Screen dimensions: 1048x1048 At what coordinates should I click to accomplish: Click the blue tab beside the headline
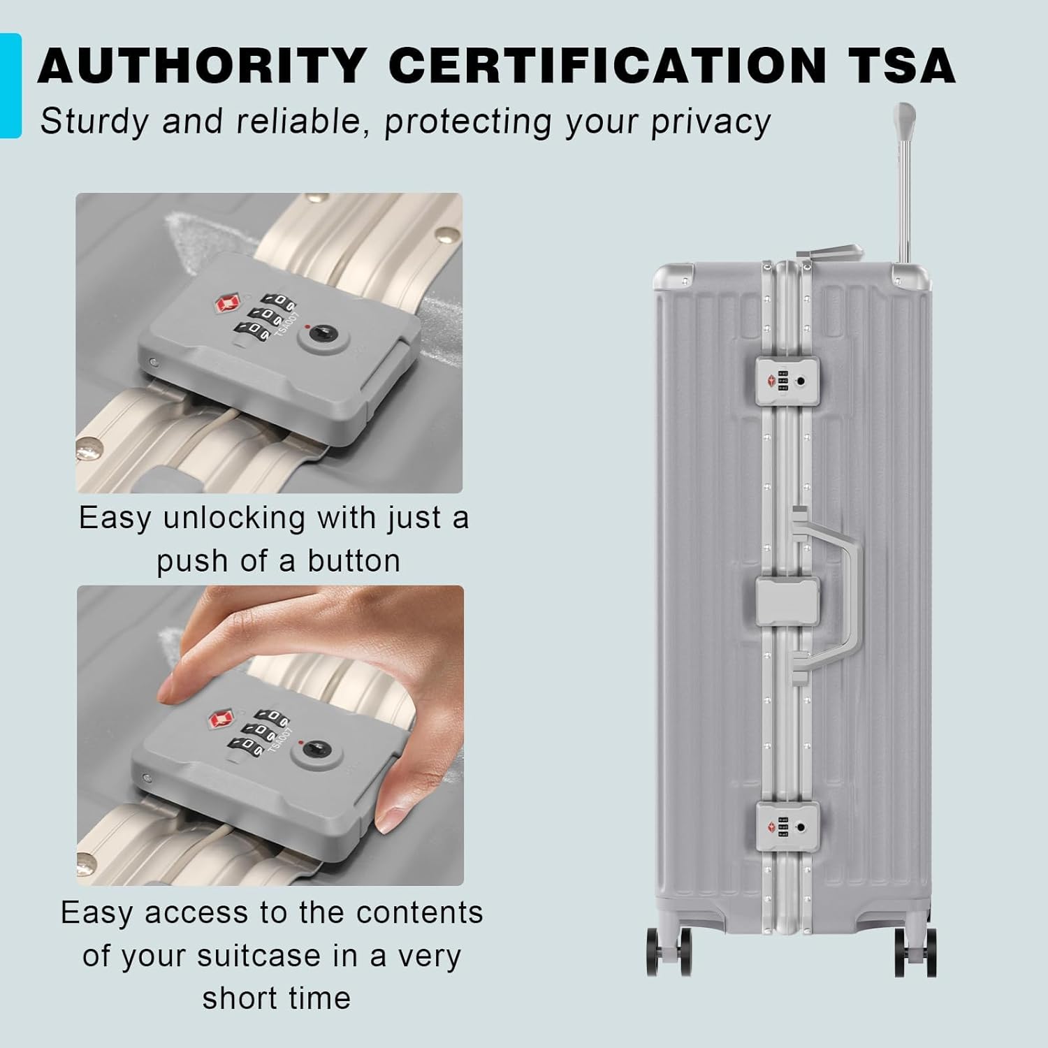point(10,85)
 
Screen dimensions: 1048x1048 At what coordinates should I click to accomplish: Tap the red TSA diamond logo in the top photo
point(226,303)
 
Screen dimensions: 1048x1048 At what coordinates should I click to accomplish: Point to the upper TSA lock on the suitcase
point(787,381)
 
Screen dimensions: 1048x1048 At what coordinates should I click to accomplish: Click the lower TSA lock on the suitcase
point(787,827)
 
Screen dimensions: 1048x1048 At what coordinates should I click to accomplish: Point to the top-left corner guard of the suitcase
point(673,276)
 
